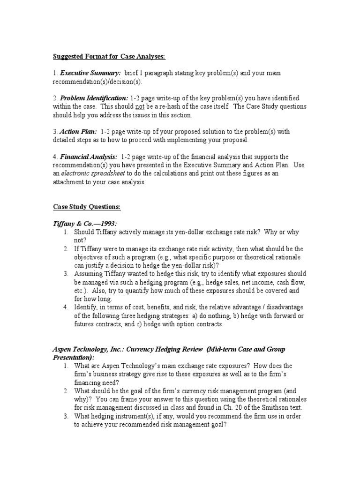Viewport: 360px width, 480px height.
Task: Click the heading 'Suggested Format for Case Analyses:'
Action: click(109, 57)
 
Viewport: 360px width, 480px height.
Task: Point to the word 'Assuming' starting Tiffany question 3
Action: click(89, 274)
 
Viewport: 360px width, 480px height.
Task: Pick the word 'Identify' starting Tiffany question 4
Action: click(85, 307)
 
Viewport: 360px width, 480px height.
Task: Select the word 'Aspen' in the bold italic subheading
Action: click(64, 349)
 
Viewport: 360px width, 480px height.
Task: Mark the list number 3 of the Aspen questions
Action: click(66, 416)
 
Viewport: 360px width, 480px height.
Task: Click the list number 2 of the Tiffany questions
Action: click(66, 248)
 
